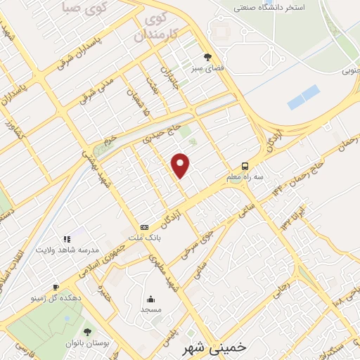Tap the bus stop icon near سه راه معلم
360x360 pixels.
click(244, 166)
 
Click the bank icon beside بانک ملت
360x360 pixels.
click(144, 227)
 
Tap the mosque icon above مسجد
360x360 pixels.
click(150, 298)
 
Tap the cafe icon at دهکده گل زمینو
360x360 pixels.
click(56, 287)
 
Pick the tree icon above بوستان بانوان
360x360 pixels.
click(87, 331)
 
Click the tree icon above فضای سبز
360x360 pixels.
click(207, 56)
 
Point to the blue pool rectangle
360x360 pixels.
click(303, 97)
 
